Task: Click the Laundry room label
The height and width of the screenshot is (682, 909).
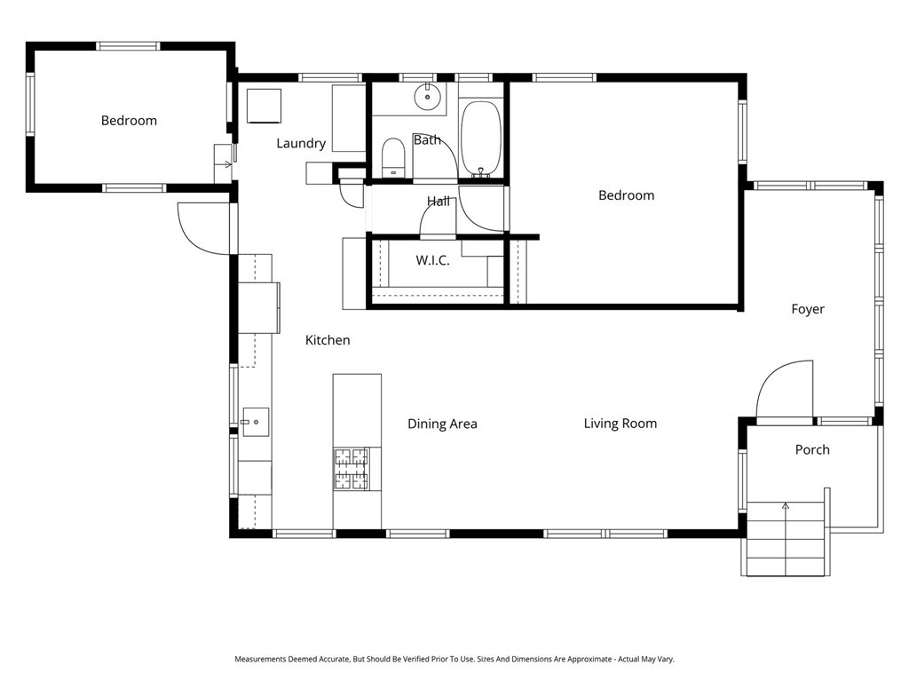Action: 301,143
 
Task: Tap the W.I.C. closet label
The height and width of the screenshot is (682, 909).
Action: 432,260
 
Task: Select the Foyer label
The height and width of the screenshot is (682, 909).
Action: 808,309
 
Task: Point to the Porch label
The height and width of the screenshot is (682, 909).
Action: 811,449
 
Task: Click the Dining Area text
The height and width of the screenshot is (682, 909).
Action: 442,424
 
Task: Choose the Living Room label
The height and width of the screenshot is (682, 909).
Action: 620,423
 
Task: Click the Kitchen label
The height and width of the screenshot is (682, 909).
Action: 328,340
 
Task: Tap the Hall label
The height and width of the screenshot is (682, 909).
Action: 438,202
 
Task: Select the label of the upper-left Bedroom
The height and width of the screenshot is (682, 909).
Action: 129,120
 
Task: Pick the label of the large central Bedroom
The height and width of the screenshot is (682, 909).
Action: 626,195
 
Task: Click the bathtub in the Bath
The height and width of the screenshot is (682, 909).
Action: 481,139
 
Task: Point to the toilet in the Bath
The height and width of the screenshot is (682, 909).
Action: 392,158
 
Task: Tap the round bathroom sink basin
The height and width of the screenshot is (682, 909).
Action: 429,96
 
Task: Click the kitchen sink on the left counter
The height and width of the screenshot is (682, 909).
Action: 256,422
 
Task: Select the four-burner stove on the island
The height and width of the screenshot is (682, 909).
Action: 351,468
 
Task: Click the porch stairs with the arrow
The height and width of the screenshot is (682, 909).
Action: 786,537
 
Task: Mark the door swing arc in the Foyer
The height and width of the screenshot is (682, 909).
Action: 786,386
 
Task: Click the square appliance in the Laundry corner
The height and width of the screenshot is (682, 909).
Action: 264,106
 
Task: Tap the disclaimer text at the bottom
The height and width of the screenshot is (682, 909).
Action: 454,659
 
